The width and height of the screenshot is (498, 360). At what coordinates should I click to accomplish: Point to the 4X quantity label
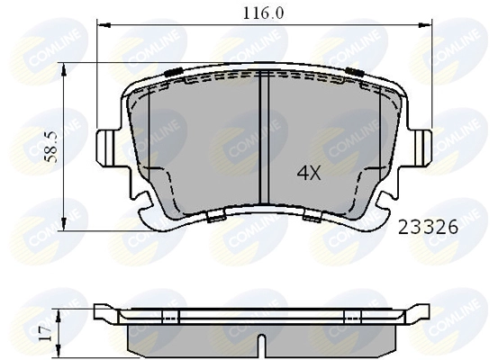(x=309, y=174)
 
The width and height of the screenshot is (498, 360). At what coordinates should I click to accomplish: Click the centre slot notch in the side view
(x=260, y=346)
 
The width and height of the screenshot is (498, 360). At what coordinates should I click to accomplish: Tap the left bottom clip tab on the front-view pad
(x=214, y=217)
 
